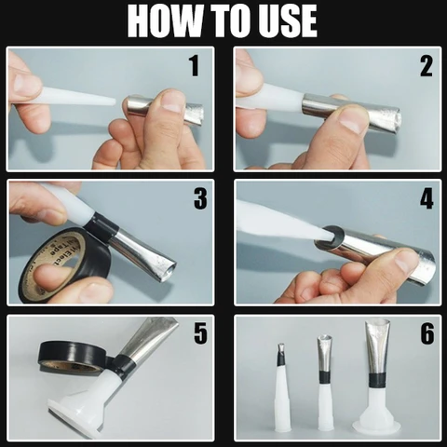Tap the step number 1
[194, 66]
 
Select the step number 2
[426, 66]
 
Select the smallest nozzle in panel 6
[281, 391]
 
